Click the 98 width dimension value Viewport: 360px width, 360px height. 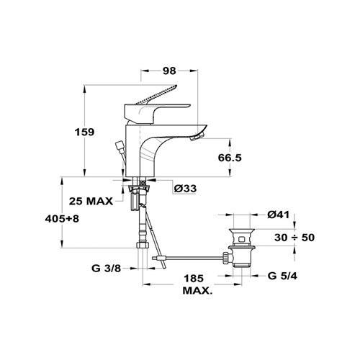169,71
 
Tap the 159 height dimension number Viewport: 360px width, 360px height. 85,132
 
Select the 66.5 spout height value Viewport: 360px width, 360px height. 230,158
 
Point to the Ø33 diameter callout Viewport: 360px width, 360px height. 185,189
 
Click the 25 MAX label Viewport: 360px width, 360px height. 91,201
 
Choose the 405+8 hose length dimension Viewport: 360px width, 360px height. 62,219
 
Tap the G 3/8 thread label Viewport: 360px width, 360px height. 106,269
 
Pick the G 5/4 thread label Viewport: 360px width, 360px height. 282,276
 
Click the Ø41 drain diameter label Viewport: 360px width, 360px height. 279,215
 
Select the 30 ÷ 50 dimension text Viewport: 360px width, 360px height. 294,238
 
